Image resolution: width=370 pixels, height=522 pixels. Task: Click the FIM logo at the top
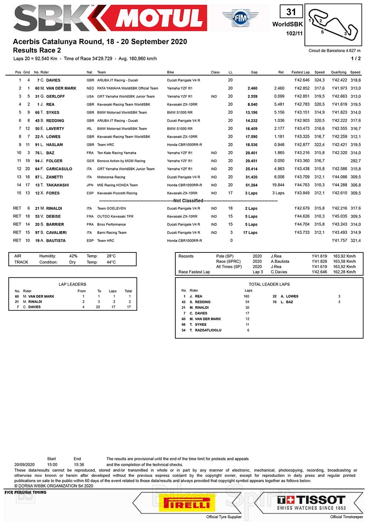[x=240, y=18]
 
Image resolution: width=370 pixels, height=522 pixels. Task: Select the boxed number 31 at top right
[x=291, y=12]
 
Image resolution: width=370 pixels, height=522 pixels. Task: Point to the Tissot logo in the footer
[x=311, y=503]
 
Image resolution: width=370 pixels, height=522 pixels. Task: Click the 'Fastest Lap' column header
[x=300, y=72]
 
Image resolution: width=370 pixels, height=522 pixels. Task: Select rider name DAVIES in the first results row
[x=53, y=80]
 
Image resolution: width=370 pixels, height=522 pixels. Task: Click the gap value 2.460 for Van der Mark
[x=252, y=88]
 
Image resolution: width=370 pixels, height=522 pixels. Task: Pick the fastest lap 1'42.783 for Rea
[x=302, y=104]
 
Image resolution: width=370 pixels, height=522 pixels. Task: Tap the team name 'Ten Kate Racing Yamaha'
[x=117, y=153]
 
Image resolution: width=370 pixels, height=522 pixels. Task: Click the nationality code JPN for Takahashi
[x=90, y=185]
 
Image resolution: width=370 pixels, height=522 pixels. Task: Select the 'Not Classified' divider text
[x=188, y=201]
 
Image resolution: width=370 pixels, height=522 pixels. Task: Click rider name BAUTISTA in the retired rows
[x=56, y=241]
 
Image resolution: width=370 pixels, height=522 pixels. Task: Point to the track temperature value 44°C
[x=111, y=262]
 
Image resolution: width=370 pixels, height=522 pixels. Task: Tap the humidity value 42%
[x=73, y=256]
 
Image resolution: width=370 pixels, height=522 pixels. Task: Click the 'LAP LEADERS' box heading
[x=73, y=284]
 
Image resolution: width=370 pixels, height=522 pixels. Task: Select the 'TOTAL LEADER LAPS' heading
[x=269, y=284]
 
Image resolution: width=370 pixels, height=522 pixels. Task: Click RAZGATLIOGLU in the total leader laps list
[x=208, y=330]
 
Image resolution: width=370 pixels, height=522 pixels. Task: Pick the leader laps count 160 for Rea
[x=246, y=296]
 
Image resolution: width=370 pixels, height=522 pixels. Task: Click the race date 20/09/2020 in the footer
[x=24, y=465]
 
